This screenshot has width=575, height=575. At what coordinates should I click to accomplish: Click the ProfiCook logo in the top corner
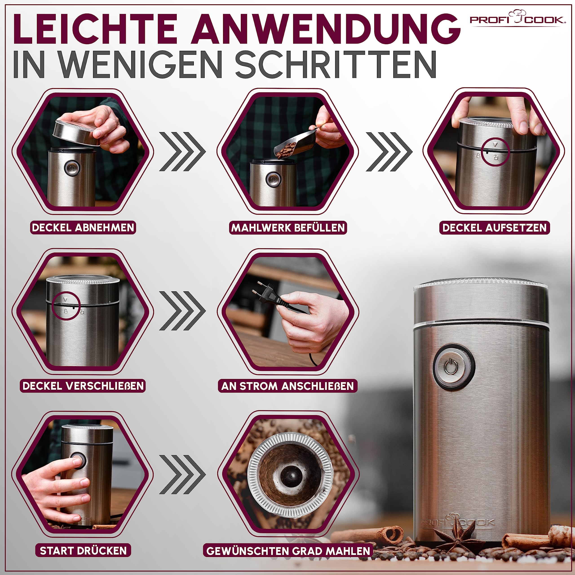[517, 18]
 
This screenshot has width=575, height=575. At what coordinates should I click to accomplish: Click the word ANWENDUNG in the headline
[326, 29]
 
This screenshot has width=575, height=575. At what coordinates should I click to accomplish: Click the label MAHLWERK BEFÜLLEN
[288, 228]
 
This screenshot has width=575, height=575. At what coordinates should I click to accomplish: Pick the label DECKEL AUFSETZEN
[494, 228]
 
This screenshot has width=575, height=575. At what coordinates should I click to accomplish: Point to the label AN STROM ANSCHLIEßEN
[287, 386]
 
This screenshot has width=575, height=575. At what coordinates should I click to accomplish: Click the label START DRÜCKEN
[83, 550]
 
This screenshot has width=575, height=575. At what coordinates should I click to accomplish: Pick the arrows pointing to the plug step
[182, 311]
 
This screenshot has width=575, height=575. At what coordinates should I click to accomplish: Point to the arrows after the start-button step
[182, 474]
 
